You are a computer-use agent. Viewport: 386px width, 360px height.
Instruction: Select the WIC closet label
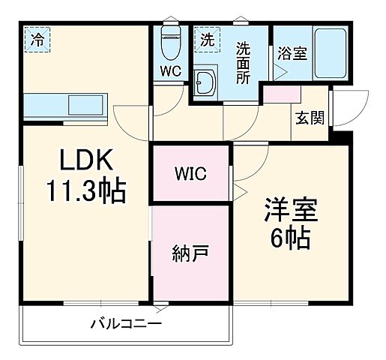point(190,174)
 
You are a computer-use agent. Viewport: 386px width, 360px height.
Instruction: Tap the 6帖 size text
point(290,238)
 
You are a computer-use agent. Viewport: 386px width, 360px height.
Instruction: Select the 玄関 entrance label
point(309,117)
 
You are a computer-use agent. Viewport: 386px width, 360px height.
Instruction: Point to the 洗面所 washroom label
point(244,62)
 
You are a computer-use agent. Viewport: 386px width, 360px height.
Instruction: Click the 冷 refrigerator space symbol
point(37,40)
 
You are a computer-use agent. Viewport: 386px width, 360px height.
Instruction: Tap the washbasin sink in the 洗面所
point(205,83)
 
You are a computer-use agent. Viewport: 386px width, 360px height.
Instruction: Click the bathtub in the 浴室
point(328,55)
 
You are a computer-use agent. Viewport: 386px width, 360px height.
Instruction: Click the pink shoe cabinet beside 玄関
point(281,94)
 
